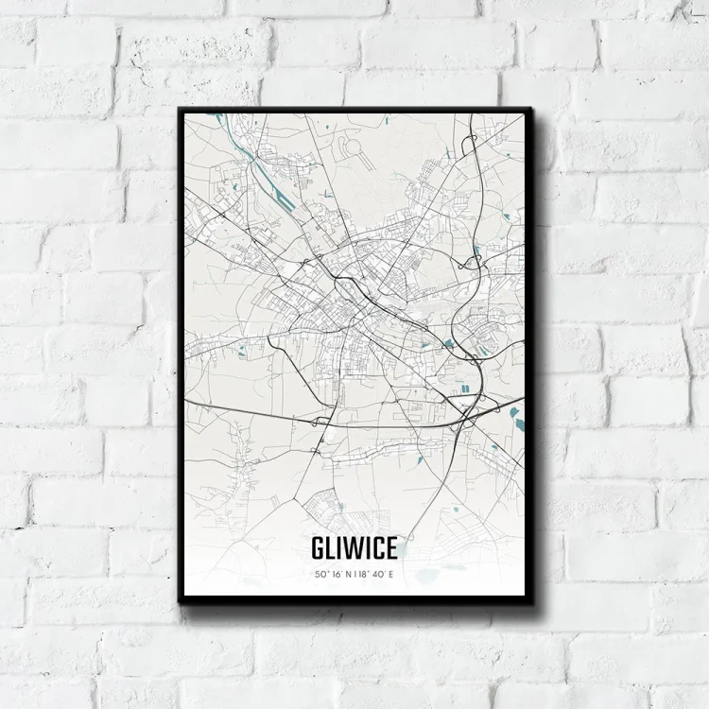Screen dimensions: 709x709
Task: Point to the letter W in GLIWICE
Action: point(351,548)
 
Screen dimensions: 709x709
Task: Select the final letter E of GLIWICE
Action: point(390,548)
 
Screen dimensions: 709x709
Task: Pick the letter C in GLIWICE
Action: point(377,548)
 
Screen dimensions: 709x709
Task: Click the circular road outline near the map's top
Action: point(349,146)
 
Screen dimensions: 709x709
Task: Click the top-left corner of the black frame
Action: point(180,109)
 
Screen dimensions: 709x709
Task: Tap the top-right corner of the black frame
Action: point(531,109)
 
